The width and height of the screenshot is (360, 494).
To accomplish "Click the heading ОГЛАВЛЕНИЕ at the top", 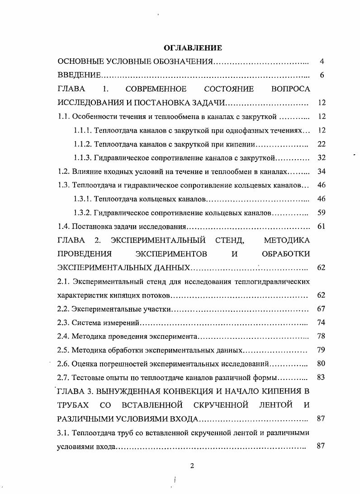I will (192, 47).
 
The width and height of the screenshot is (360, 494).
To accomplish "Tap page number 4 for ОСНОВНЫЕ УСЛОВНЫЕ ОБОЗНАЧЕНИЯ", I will (322, 62).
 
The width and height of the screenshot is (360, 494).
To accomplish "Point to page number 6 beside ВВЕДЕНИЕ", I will (322, 75).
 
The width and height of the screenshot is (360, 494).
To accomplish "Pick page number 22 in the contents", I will (322, 144).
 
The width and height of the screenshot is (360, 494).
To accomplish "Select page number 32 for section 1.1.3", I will (322, 158).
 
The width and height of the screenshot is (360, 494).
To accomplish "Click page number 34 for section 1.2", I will (322, 171).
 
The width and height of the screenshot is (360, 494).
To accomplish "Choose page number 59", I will (322, 213).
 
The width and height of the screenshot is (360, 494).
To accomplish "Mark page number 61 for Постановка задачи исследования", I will (322, 226).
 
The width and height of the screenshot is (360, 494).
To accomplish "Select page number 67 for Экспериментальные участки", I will (322, 309).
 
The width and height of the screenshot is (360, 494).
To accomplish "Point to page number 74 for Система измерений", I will (322, 323).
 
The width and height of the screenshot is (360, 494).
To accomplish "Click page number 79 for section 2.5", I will (322, 350).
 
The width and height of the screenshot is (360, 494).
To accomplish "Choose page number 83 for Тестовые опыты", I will (322, 377).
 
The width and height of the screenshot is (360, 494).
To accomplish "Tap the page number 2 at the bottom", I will (192, 467).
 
